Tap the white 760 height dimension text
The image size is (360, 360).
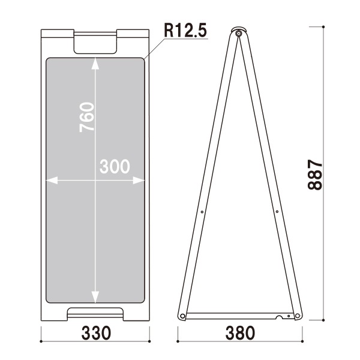[x=88, y=117]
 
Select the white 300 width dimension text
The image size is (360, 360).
[x=115, y=167]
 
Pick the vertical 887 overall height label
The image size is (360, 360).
[x=315, y=175]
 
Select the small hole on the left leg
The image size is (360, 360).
[x=202, y=211]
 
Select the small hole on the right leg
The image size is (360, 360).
[x=277, y=211]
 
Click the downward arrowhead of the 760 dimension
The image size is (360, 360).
[x=95, y=298]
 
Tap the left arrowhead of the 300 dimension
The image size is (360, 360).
[x=50, y=179]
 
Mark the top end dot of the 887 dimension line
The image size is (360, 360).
[x=324, y=27]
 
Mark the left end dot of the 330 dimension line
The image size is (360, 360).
[x=41, y=341]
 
